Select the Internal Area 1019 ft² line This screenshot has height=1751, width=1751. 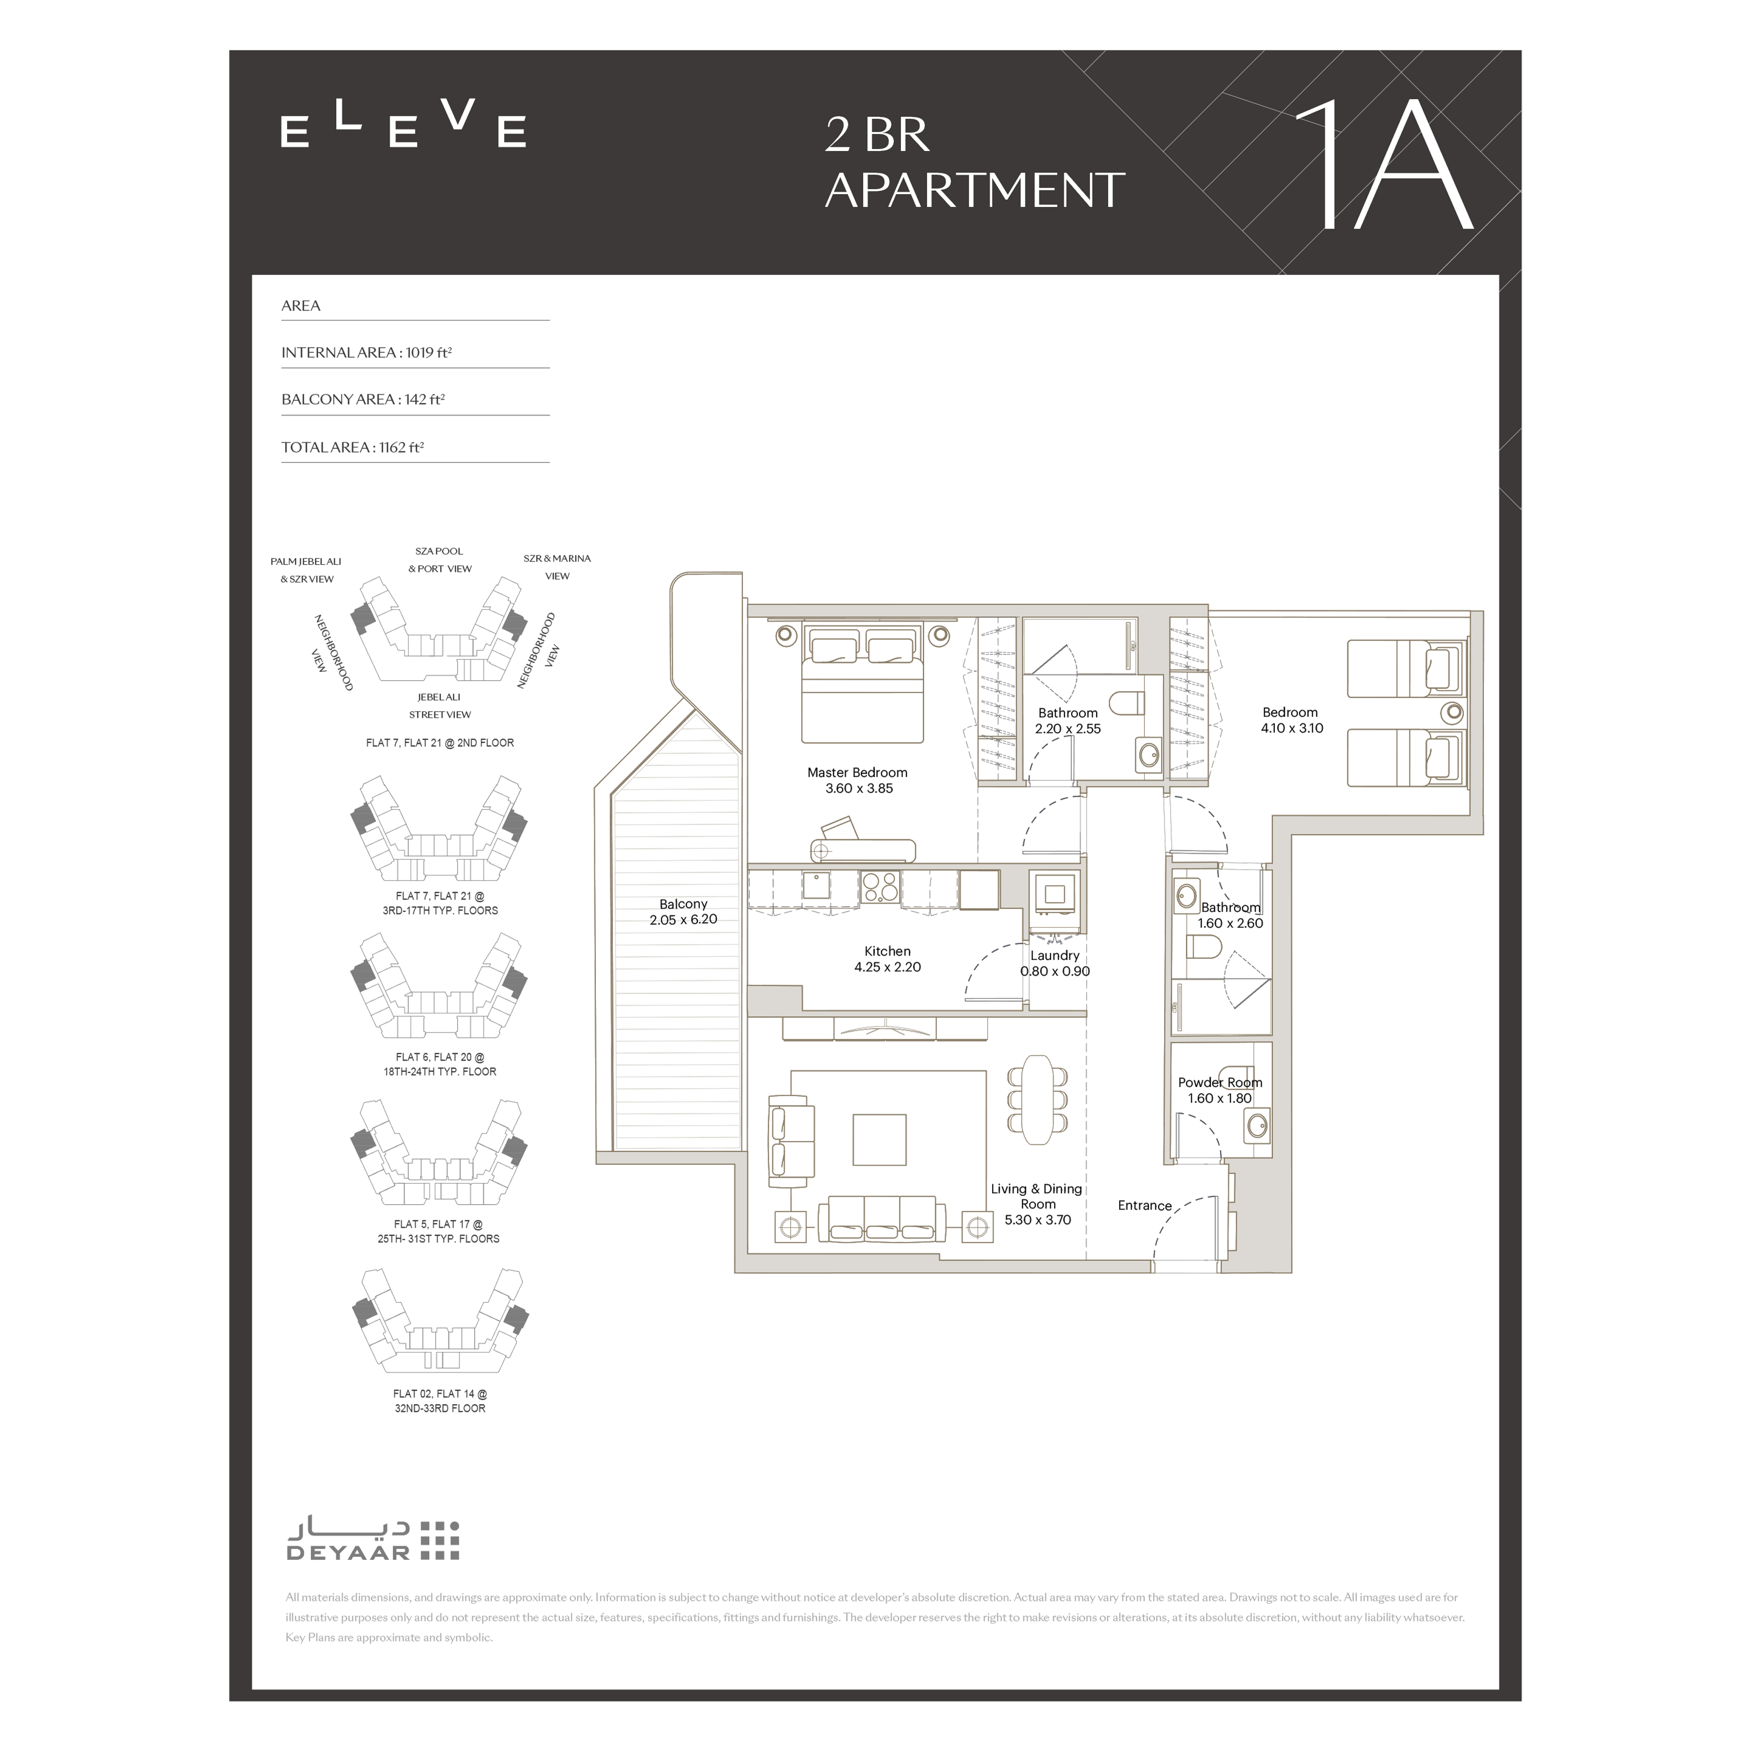point(366,353)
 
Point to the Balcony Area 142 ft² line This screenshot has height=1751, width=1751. point(363,400)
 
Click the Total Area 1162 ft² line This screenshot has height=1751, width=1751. point(353,447)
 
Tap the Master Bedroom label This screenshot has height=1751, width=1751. point(857,780)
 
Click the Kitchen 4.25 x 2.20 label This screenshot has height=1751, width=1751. point(888,959)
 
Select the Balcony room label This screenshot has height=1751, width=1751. point(683,912)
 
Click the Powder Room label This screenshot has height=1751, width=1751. point(1220,1090)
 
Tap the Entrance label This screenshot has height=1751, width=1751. point(1145,1205)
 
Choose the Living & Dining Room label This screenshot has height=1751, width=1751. point(1037,1204)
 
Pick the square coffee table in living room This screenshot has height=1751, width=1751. point(879,1139)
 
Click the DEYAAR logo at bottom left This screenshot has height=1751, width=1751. point(373,1541)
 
